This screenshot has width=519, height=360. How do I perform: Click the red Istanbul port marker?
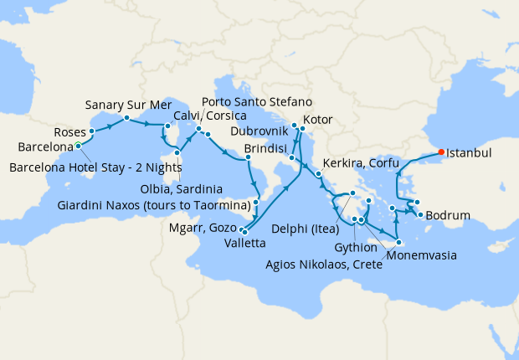440,152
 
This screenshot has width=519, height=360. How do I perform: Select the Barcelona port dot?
79,145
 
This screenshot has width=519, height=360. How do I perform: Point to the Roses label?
69,132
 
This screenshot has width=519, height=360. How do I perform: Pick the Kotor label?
318,119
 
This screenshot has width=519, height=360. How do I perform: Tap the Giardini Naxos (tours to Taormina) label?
155,204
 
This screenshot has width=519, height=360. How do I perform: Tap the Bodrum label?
453,215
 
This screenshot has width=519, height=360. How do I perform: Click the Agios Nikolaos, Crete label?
311,265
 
